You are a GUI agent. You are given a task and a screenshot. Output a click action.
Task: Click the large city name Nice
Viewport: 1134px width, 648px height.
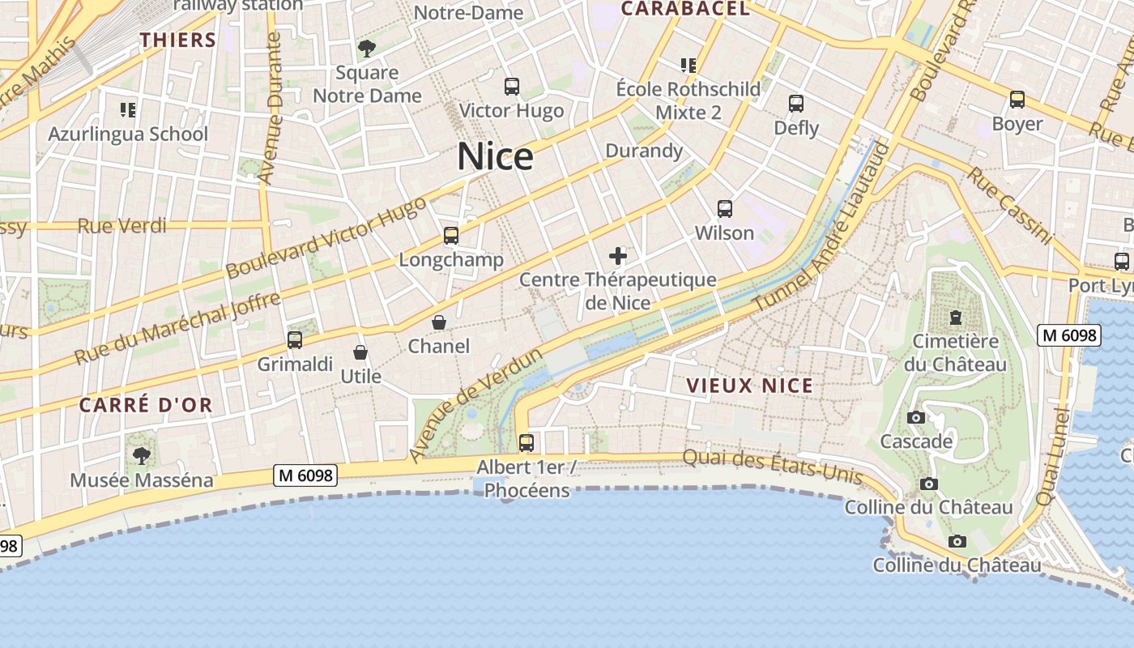[495, 156]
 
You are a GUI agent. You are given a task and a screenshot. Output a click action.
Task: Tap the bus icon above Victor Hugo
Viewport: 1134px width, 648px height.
[511, 86]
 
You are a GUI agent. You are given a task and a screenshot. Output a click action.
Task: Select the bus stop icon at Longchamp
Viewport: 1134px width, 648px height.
[451, 236]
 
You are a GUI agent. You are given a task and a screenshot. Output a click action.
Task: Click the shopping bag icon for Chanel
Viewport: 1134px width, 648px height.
[439, 322]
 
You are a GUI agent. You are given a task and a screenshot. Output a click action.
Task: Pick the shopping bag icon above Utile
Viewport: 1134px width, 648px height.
[360, 352]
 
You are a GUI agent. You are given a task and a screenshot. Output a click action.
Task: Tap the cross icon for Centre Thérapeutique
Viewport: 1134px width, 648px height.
[618, 257]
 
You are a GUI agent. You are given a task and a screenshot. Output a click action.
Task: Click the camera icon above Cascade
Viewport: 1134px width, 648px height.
[916, 418]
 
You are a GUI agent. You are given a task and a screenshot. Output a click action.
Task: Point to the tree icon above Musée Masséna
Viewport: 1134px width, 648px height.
[142, 456]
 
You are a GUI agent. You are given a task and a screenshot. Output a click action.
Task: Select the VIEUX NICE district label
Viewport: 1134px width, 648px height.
[750, 386]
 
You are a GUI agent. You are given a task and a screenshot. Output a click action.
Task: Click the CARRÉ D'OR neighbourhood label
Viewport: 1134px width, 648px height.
[146, 405]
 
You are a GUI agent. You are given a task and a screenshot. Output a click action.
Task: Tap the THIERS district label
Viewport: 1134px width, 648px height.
[178, 40]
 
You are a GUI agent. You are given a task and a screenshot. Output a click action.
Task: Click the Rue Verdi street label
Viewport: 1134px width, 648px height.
[122, 226]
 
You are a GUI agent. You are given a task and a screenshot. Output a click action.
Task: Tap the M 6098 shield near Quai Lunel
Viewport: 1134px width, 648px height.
[1069, 335]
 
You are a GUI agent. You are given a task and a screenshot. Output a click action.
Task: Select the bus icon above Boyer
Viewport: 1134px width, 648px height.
[1017, 100]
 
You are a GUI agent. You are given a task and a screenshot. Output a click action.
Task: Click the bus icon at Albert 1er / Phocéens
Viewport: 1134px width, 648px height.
[526, 442]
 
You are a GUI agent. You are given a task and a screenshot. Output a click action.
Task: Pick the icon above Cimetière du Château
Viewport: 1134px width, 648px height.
[956, 317]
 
